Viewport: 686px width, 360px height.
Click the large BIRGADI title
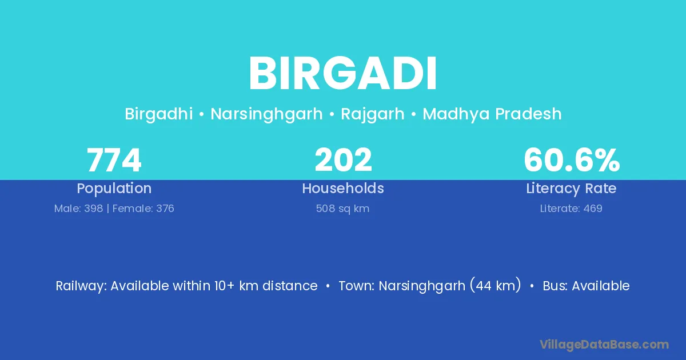(x=342, y=73)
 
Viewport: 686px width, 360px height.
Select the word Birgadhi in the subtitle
(x=159, y=114)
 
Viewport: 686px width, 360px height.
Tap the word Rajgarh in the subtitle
(x=373, y=114)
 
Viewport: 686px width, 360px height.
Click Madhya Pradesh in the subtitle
(x=492, y=114)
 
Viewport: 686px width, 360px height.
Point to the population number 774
(x=114, y=160)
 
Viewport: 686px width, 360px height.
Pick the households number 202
(x=343, y=160)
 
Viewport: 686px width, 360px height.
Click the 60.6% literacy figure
(x=572, y=160)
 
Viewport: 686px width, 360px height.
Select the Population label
(x=114, y=189)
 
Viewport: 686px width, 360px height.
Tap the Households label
(x=343, y=188)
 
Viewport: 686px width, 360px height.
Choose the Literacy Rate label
(x=571, y=189)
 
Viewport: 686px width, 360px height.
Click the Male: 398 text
(x=78, y=209)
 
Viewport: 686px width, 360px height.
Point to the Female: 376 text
(x=143, y=209)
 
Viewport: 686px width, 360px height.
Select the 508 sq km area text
(x=342, y=209)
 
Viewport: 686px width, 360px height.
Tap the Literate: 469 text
(x=571, y=209)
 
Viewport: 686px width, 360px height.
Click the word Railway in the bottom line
(x=80, y=286)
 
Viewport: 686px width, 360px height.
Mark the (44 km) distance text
(x=496, y=286)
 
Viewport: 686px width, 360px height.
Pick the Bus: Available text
(x=586, y=286)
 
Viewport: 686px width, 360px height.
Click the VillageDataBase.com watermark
(x=604, y=345)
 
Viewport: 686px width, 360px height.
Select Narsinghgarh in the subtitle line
(x=266, y=114)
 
